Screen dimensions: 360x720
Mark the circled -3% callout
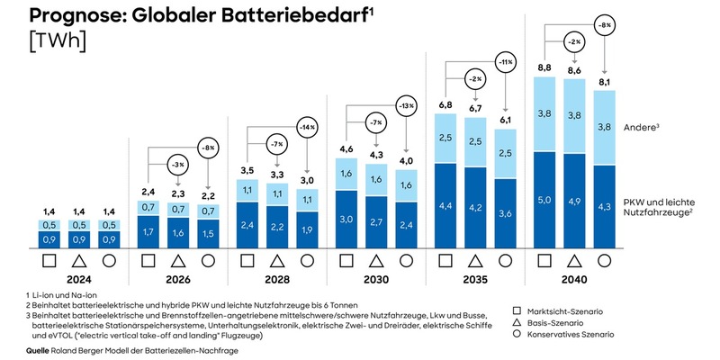178,165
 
